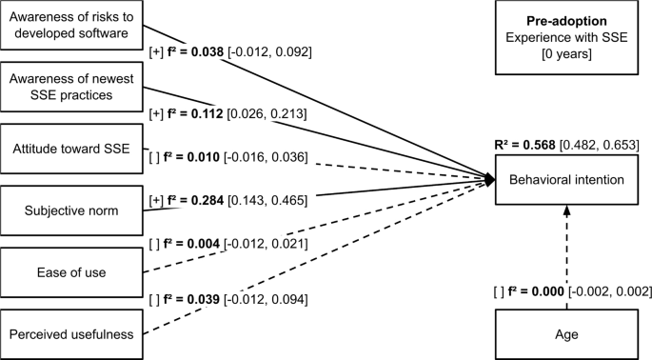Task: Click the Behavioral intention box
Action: tap(567, 180)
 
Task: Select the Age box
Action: tap(567, 335)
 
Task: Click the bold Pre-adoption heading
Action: tap(567, 20)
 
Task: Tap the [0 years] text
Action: tap(567, 52)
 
